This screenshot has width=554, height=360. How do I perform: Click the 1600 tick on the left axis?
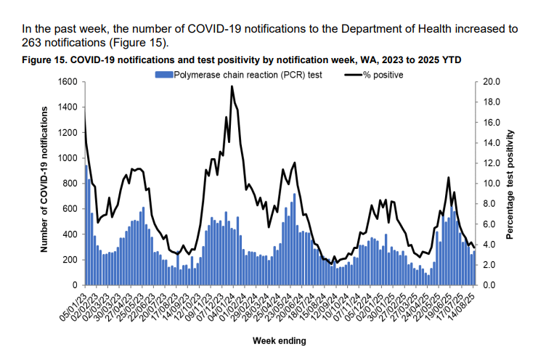pyautogui.click(x=68, y=82)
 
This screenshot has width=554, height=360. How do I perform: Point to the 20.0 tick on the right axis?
pyautogui.click(x=492, y=82)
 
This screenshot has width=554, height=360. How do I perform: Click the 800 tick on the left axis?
pyautogui.click(x=70, y=184)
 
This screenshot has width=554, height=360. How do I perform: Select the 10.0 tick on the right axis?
pyautogui.click(x=492, y=184)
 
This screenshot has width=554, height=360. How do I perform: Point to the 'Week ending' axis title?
pyautogui.click(x=280, y=340)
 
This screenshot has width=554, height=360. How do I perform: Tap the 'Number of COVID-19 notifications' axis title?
pyautogui.click(x=45, y=179)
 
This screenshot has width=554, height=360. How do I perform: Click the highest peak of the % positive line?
pyautogui.click(x=232, y=86)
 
